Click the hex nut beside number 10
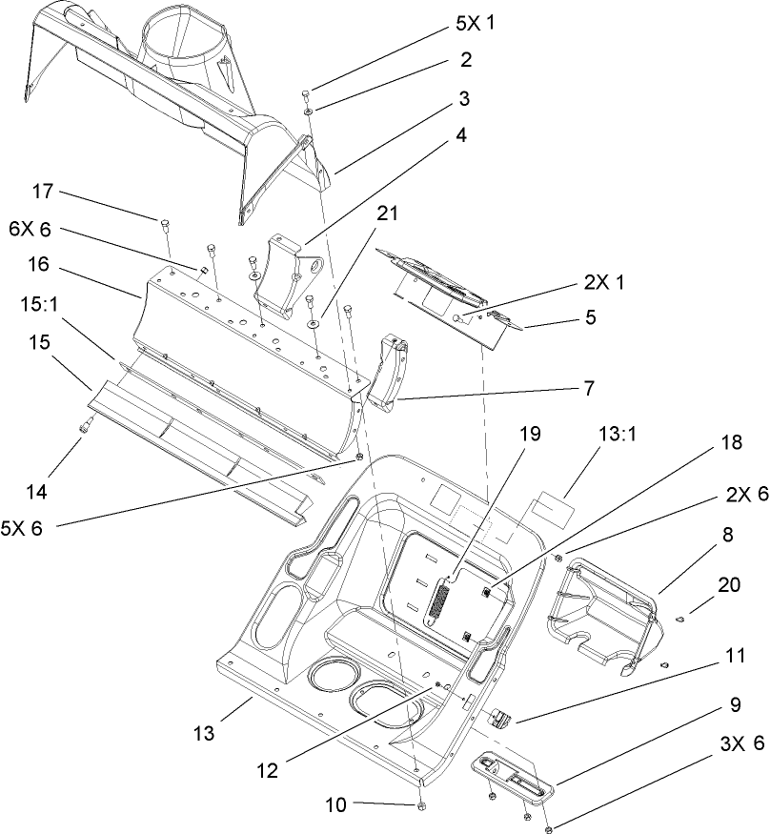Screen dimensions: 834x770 pyautogui.click(x=419, y=806)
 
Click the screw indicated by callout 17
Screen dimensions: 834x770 pyautogui.click(x=164, y=224)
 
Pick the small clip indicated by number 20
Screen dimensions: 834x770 pyautogui.click(x=681, y=620)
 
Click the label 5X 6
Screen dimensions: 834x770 pyautogui.click(x=23, y=527)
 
